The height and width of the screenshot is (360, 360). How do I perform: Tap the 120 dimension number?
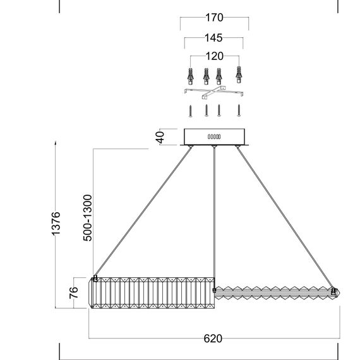(x=214, y=56)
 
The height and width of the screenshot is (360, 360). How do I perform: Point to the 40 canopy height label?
(x=160, y=137)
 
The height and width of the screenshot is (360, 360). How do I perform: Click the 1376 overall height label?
(x=56, y=225)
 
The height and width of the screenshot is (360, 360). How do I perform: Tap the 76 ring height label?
(x=75, y=293)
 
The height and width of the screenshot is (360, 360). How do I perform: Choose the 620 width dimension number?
(x=213, y=339)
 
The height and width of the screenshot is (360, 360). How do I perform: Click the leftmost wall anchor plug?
(x=190, y=76)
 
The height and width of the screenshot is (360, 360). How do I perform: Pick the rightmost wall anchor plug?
(x=239, y=75)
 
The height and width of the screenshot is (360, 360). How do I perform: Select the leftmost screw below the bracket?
(x=190, y=111)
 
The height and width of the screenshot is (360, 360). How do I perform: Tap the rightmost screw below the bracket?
(x=239, y=111)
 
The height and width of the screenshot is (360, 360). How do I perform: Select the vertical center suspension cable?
(x=215, y=215)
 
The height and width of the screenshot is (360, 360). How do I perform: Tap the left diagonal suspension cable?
(x=142, y=212)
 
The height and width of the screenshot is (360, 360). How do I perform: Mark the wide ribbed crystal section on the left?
(x=152, y=293)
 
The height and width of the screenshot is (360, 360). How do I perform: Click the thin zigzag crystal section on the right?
(x=275, y=292)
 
